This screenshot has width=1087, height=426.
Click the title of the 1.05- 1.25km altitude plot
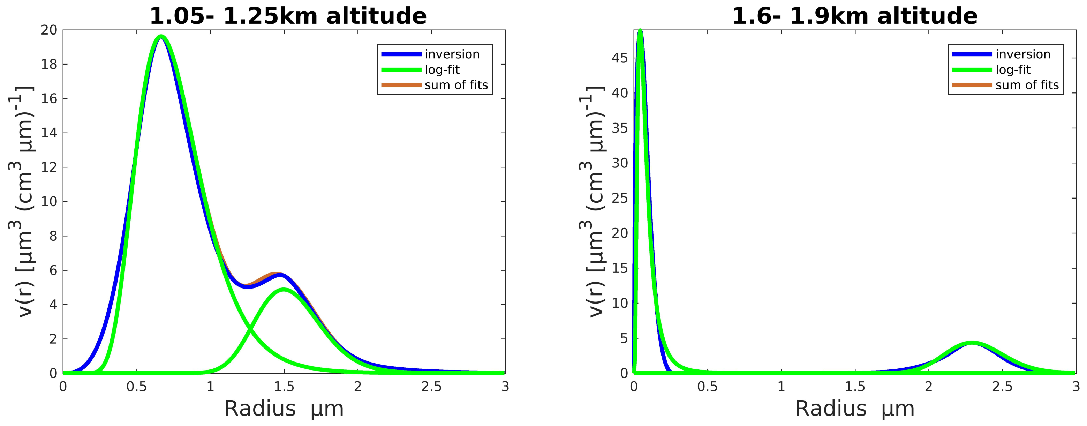click(288, 16)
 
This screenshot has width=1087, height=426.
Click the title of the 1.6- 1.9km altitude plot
click(855, 16)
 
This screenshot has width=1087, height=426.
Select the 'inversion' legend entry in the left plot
click(452, 54)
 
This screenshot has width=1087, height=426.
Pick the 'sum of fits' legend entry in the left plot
click(456, 85)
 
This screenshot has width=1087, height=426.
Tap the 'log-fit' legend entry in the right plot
click(1013, 70)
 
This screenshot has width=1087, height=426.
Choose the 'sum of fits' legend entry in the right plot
click(1027, 85)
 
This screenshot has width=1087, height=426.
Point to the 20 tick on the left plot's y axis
click(49, 30)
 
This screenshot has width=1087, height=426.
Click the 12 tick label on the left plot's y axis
click(49, 167)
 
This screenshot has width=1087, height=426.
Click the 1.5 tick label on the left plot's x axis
click(284, 387)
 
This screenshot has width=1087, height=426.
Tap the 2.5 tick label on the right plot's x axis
click(1002, 387)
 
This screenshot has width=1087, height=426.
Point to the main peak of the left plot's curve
click(161, 36)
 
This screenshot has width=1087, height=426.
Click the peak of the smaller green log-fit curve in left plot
click(284, 290)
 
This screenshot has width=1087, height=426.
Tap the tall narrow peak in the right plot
click(640, 30)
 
